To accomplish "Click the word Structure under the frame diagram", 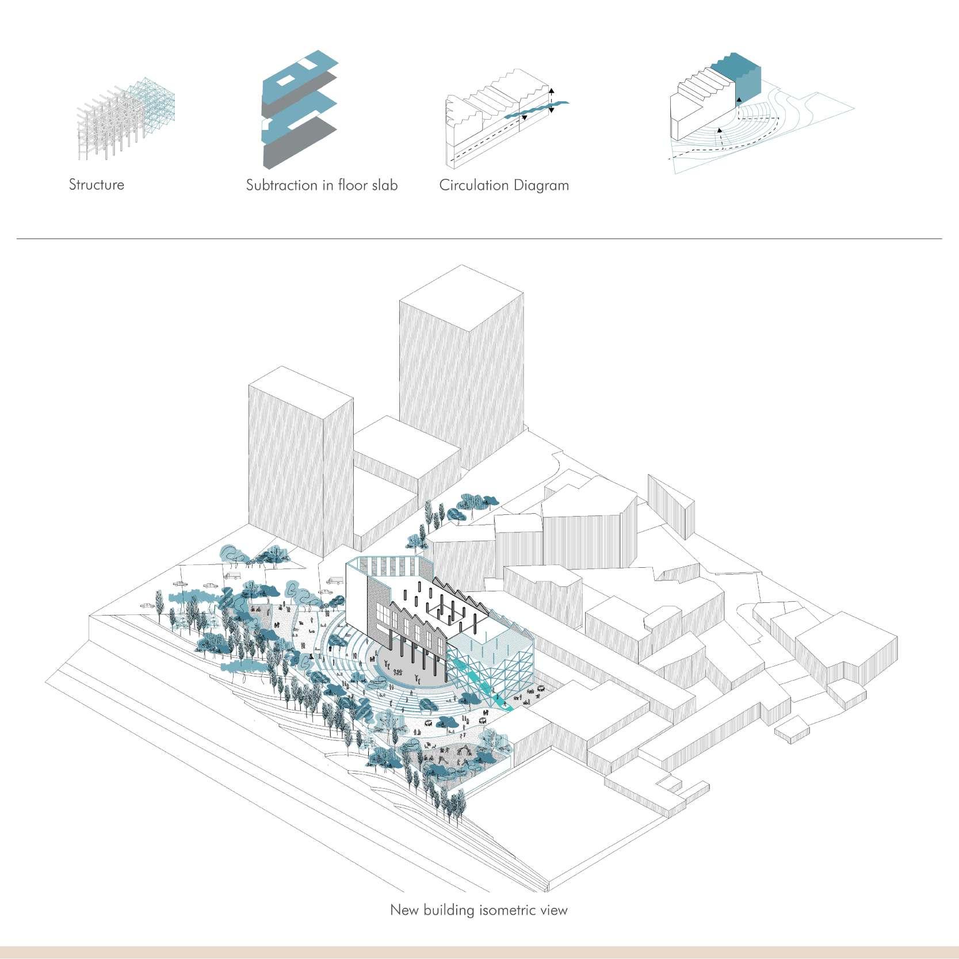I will tap(96, 185).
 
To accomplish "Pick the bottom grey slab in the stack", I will tap(299, 144).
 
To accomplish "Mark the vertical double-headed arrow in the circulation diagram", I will tap(551, 101).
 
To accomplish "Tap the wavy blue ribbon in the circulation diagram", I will tap(538, 109).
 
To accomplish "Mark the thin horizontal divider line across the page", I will tap(479, 238).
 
